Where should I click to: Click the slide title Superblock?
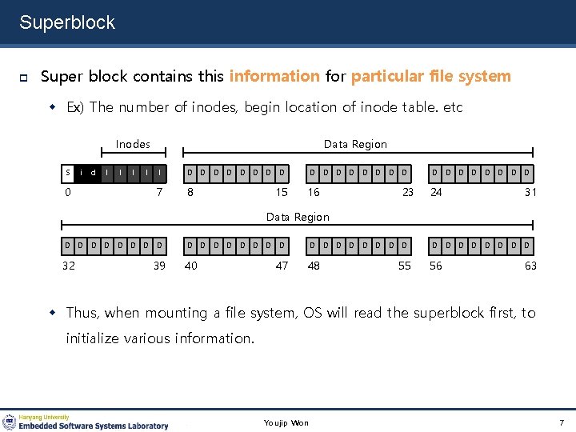point(67,22)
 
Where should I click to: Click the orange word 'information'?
point(274,77)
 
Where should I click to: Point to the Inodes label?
point(133,144)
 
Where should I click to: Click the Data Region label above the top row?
point(355,144)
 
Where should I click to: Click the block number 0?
point(69,192)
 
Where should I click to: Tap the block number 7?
point(160,192)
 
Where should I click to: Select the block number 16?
point(314,192)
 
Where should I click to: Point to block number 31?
point(530,192)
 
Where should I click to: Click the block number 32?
point(69,266)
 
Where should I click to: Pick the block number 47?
point(282,266)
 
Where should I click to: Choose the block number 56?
point(436,266)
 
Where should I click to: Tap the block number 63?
point(530,266)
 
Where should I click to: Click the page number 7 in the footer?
point(562,422)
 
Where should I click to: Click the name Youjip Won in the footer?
point(286,422)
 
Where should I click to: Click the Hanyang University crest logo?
point(10,422)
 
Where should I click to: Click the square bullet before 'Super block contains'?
point(24,78)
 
